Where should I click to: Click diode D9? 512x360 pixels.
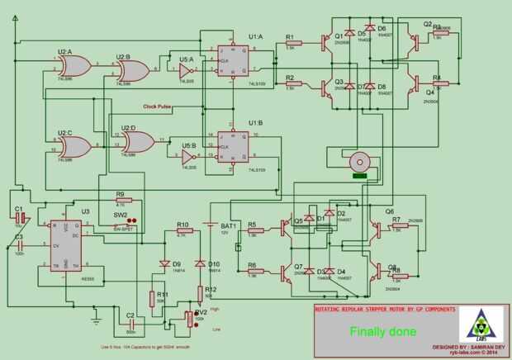tap(164, 264)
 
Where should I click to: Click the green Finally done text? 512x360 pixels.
tap(382, 332)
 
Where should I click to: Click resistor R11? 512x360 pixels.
tap(152, 297)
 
